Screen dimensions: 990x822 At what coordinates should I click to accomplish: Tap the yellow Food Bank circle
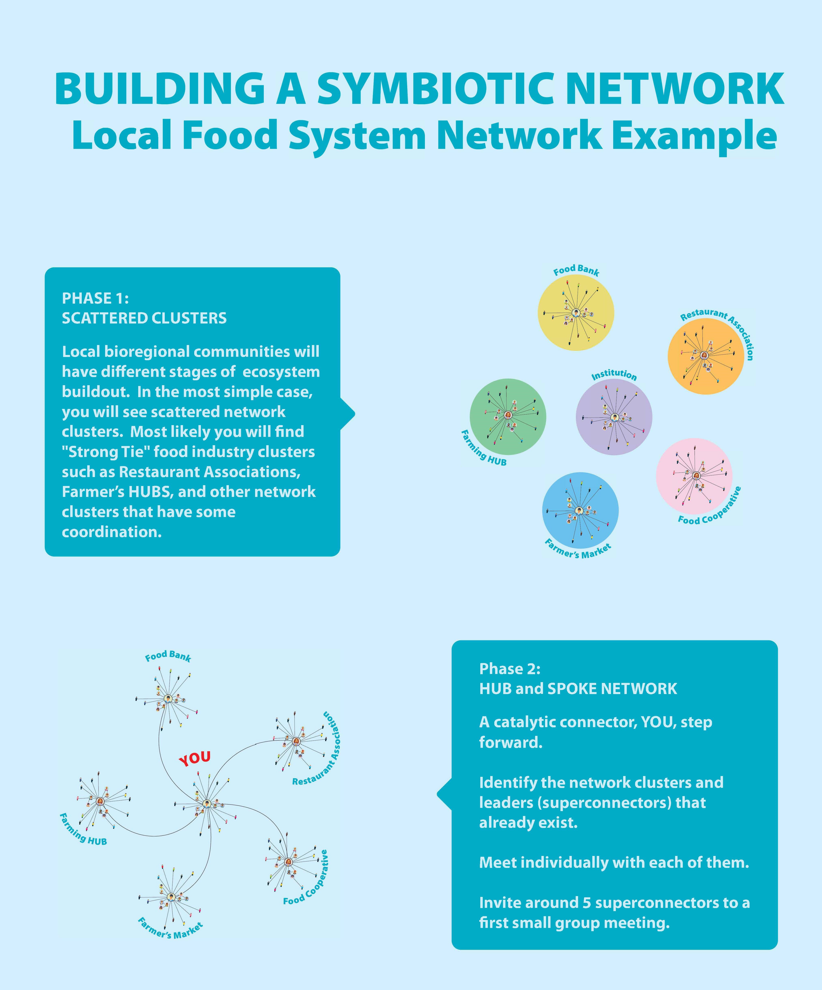(576, 313)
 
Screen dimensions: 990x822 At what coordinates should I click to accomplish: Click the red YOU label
(194, 758)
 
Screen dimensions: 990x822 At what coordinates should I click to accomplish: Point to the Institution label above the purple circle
(614, 375)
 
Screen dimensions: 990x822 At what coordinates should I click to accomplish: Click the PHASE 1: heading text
(95, 298)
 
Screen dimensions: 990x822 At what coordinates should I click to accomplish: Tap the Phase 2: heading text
(510, 669)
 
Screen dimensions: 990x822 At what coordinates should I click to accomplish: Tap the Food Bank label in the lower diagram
(168, 656)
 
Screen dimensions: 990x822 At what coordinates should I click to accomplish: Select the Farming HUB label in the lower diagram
(83, 829)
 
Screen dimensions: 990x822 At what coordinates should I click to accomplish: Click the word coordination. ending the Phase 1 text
(112, 532)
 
